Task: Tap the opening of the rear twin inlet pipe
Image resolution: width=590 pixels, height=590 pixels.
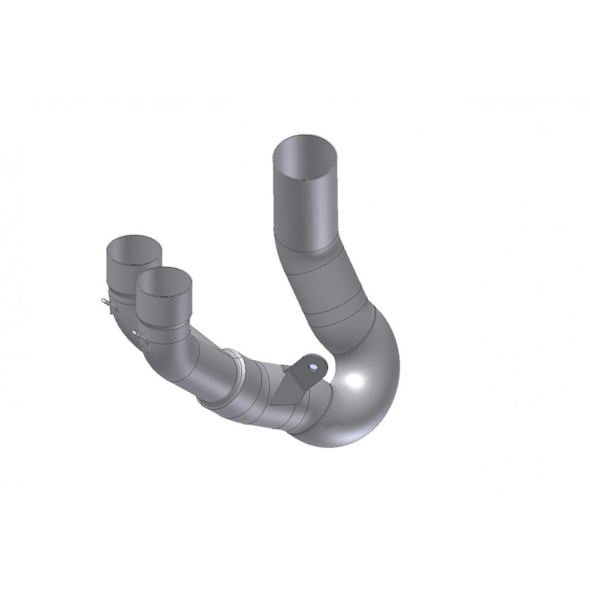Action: coord(133,248)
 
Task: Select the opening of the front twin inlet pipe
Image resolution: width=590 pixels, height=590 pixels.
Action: coord(164,280)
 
